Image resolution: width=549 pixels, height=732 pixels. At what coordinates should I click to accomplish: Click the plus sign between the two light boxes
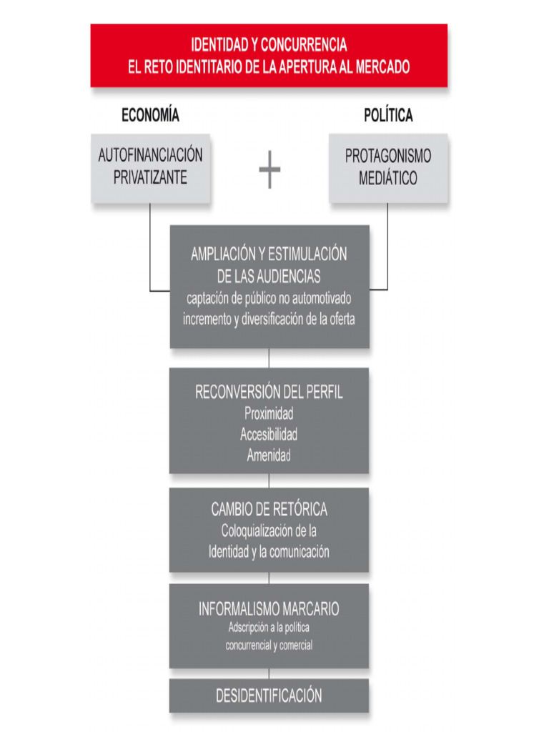(x=269, y=170)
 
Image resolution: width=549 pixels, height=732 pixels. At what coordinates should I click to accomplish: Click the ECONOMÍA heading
(x=150, y=115)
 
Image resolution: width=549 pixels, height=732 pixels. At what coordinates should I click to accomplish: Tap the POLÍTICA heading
(x=388, y=115)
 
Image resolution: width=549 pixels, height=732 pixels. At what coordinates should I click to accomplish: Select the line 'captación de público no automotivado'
(x=269, y=297)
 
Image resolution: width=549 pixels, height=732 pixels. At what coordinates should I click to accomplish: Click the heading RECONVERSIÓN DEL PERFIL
(x=269, y=392)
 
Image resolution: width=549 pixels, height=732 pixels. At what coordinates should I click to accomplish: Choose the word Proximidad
(x=269, y=413)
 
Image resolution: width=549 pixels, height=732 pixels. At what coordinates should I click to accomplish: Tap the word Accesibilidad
(x=269, y=434)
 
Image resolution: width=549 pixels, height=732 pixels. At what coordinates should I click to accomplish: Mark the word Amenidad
(x=269, y=455)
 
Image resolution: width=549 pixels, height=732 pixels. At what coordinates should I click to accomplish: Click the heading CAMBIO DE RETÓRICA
(x=269, y=510)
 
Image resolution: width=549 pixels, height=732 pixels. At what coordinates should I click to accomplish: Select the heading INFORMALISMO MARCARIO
(x=269, y=609)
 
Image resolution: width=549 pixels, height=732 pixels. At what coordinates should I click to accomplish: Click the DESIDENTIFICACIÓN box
(x=269, y=696)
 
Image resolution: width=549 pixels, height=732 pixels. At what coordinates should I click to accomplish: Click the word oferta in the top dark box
(x=340, y=319)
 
